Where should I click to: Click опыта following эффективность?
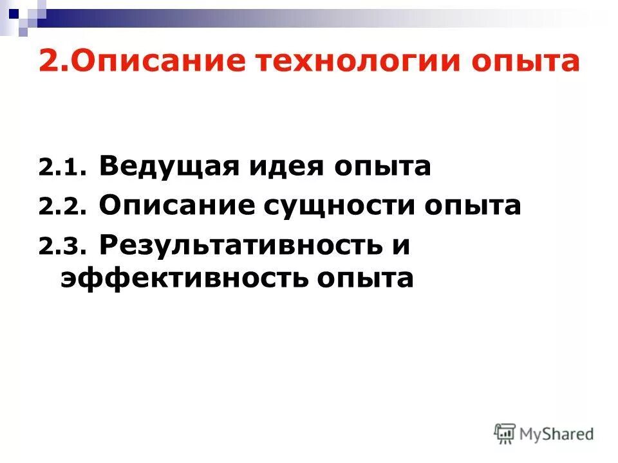365,280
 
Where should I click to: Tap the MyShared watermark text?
557,434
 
